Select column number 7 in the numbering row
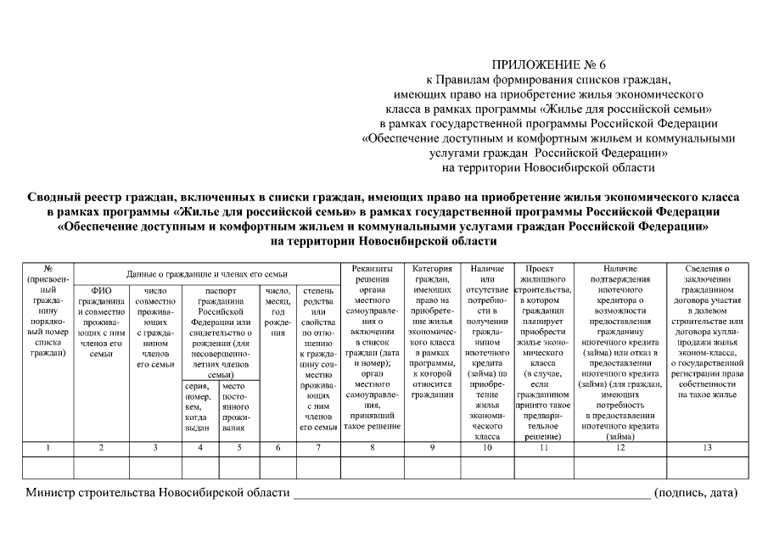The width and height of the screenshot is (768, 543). [x=317, y=447]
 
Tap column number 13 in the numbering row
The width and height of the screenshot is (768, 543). [x=709, y=447]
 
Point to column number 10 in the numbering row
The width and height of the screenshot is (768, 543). [x=487, y=447]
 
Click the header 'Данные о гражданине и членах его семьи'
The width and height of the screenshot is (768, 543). [x=207, y=274]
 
